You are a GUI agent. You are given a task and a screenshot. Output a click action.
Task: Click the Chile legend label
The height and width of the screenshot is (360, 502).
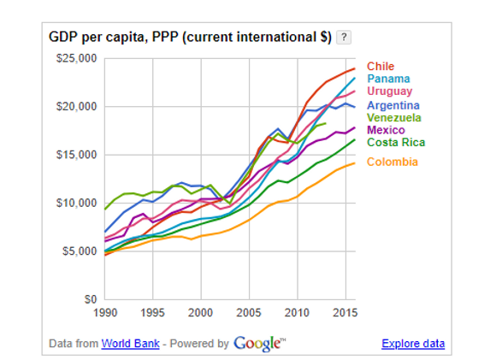coord(380,67)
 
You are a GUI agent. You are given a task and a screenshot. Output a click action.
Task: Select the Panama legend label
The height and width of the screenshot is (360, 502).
coord(388,80)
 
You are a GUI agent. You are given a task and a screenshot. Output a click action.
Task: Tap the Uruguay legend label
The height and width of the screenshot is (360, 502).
coord(390,91)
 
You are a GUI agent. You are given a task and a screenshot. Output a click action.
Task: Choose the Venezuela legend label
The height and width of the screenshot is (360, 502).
coord(395,117)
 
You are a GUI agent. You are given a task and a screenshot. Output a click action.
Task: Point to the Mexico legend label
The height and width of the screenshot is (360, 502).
coord(386,130)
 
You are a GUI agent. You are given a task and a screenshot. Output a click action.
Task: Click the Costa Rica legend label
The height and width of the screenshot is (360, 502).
coord(395,143)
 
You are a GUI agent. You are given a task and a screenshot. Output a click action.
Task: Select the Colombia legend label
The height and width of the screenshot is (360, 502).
coord(393,162)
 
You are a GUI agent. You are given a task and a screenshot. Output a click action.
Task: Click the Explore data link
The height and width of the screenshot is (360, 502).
coord(413,344)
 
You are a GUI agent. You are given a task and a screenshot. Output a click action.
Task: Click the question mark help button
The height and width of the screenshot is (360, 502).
coord(343,38)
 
